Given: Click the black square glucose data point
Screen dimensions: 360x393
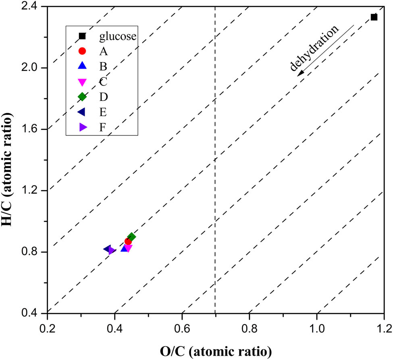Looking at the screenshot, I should tap(374, 17).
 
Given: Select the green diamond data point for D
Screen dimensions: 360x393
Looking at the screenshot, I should tap(131, 237).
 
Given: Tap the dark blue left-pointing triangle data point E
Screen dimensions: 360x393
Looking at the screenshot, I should tap(107, 249).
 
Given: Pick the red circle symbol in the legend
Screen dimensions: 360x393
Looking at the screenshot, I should tap(82, 51).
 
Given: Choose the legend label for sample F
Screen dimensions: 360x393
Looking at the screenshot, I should tap(103, 127).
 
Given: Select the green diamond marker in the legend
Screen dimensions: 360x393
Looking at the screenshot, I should tap(82, 97).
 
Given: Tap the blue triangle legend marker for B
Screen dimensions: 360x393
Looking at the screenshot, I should tap(82, 66).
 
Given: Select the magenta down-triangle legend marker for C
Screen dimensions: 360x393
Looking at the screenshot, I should tap(82, 82).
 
